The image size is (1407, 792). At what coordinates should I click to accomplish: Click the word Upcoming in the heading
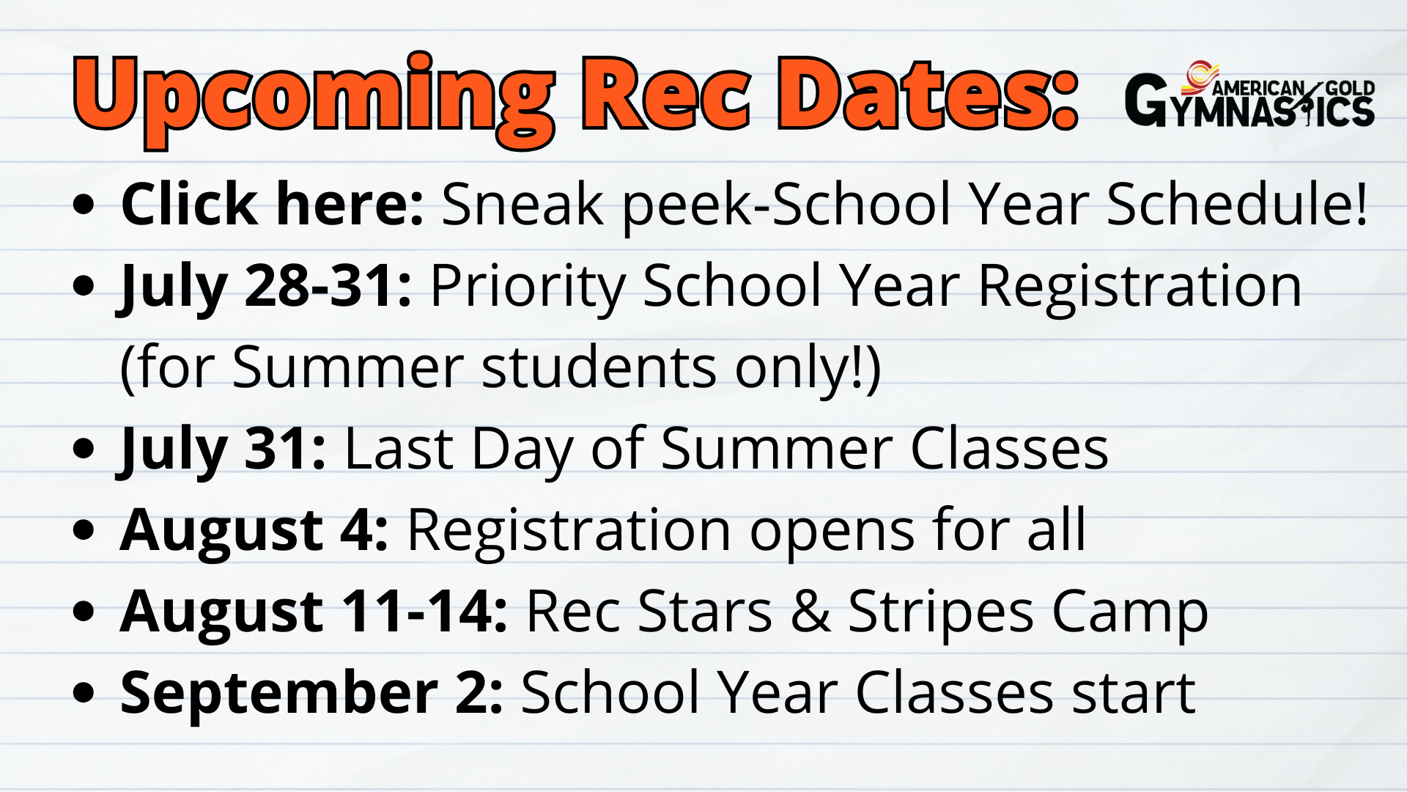pyautogui.click(x=314, y=99)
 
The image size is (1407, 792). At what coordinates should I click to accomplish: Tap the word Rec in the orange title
pyautogui.click(x=666, y=94)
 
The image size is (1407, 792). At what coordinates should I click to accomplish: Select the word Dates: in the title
pyautogui.click(x=927, y=94)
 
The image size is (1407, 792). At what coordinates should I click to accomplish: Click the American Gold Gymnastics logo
pyautogui.click(x=1249, y=95)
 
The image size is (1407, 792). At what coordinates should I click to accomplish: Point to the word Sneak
pyautogui.click(x=522, y=203)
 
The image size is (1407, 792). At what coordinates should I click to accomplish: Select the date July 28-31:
pyautogui.click(x=264, y=286)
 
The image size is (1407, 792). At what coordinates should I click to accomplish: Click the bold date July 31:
pyautogui.click(x=221, y=449)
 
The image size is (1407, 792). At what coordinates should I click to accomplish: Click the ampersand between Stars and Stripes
pyautogui.click(x=810, y=612)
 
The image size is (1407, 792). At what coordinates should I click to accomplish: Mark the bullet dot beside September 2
pyautogui.click(x=84, y=692)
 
